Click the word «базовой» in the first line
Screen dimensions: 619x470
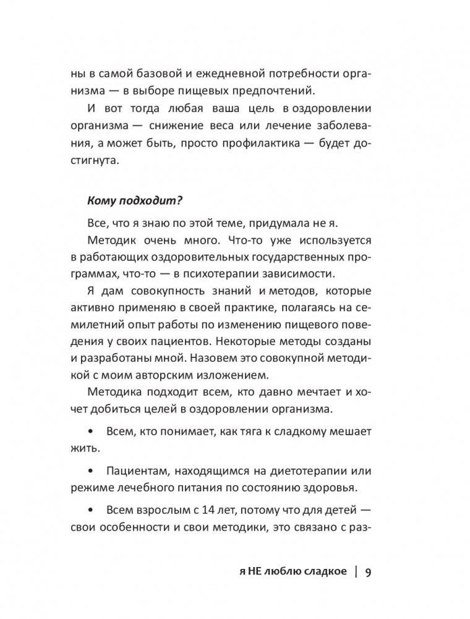(163, 73)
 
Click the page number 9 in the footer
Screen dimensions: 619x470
(368, 572)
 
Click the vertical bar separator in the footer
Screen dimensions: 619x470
(355, 572)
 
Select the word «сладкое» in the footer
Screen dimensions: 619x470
(321, 573)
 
